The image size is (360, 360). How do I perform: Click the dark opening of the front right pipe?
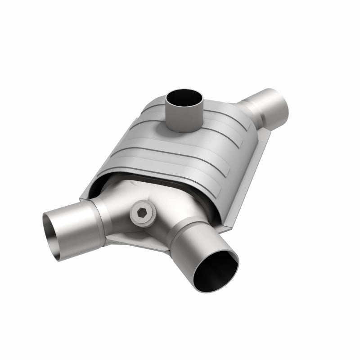click(219, 270)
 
